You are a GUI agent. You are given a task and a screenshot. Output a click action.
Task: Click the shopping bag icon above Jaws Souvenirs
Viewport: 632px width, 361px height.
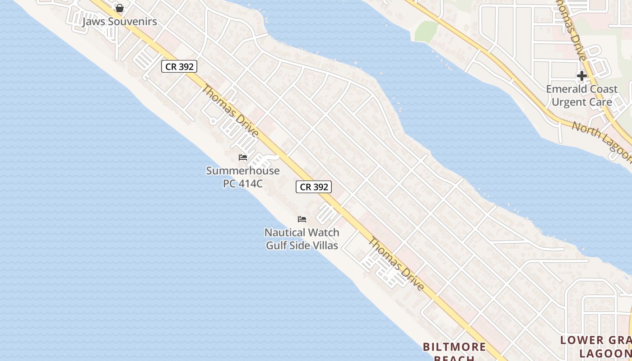click(x=120, y=8)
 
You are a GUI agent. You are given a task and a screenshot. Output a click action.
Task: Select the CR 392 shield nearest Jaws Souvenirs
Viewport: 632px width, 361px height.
click(x=179, y=66)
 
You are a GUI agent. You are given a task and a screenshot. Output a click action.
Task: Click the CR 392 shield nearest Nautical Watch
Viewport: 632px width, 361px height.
click(x=314, y=187)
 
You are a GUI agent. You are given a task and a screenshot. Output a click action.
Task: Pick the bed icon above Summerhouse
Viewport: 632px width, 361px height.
click(x=243, y=157)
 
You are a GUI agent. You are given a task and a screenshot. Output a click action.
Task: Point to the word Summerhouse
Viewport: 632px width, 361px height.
click(x=243, y=171)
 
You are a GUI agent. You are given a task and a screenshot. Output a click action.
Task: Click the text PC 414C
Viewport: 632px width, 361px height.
click(x=243, y=184)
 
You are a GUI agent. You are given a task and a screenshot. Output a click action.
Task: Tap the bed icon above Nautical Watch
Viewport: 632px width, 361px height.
click(x=302, y=219)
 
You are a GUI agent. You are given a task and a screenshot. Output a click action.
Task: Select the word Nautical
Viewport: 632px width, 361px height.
click(x=283, y=233)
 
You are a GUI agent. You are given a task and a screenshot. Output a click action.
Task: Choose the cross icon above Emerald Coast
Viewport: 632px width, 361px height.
click(x=582, y=75)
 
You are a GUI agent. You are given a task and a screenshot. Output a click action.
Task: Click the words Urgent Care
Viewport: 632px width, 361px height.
click(x=582, y=102)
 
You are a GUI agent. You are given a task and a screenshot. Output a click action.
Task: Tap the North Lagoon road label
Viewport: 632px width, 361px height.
click(x=601, y=140)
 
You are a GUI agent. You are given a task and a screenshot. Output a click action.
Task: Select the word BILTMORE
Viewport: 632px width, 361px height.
click(x=454, y=347)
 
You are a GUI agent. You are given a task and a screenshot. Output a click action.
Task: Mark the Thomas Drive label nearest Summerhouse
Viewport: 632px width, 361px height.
click(x=230, y=111)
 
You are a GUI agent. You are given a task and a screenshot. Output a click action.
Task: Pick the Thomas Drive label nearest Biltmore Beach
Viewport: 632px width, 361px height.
click(x=396, y=264)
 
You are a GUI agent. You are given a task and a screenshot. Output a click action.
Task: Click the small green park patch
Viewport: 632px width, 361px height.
click(x=426, y=31)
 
